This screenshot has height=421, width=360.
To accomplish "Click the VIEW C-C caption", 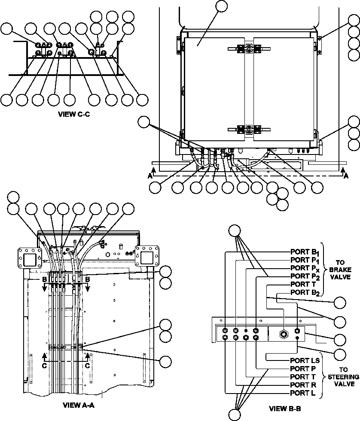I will (x=73, y=115).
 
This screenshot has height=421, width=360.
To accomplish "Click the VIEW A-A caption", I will (x=79, y=405).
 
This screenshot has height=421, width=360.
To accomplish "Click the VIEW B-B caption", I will (x=285, y=409).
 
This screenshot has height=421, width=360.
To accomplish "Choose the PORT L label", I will (x=303, y=393).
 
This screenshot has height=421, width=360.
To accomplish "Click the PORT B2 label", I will (x=304, y=292).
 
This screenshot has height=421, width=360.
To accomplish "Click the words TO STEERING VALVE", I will (x=340, y=377).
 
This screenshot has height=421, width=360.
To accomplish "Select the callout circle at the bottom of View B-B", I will (x=235, y=415).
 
